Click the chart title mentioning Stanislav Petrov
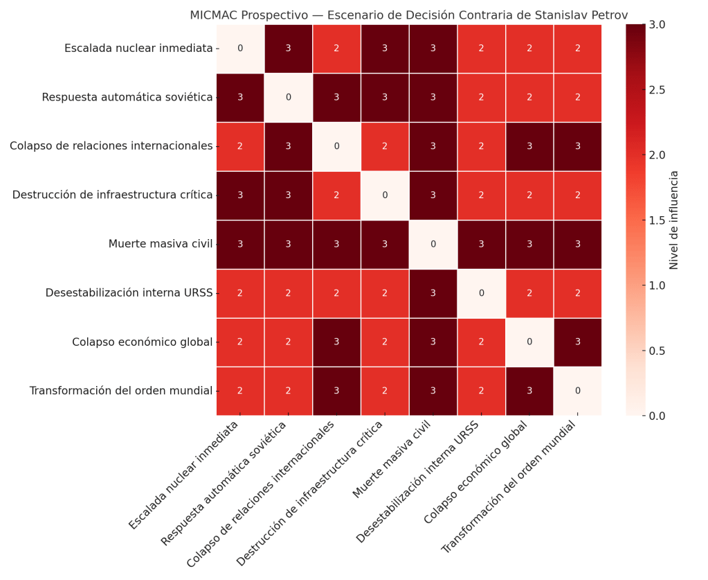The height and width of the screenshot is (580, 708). click(408, 15)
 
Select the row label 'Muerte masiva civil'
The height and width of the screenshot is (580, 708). click(160, 244)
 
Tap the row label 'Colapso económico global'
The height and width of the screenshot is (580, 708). click(142, 342)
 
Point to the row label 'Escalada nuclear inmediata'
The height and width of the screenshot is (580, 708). click(138, 49)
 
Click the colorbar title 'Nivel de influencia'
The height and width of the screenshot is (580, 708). click(674, 220)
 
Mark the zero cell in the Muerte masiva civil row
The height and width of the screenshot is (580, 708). click(433, 244)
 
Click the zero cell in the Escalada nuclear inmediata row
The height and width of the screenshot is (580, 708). click(240, 49)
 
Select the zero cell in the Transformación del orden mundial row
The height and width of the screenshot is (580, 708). click(578, 391)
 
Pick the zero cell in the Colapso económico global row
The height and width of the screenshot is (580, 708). click(529, 342)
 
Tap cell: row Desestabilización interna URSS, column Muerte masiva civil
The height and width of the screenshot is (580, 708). click(433, 293)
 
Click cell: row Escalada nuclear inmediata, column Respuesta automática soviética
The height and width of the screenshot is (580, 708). click(289, 49)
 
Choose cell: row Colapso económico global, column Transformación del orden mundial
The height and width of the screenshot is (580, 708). click(578, 342)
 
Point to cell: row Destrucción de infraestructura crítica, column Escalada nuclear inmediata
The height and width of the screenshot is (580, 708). click(240, 195)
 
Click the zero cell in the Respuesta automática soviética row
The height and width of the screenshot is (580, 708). click(289, 98)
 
